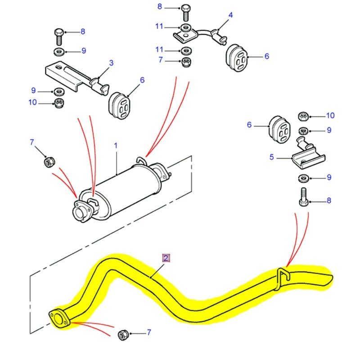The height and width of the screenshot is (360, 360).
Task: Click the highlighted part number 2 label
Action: click(166, 258)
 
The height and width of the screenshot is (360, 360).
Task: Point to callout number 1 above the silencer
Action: click(116, 146)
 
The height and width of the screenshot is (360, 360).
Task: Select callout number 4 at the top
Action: click(230, 15)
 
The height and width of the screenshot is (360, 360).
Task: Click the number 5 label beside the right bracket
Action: click(271, 157)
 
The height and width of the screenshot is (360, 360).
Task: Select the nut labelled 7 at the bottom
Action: click(122, 334)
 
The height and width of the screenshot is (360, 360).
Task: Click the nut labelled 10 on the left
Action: click(58, 103)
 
